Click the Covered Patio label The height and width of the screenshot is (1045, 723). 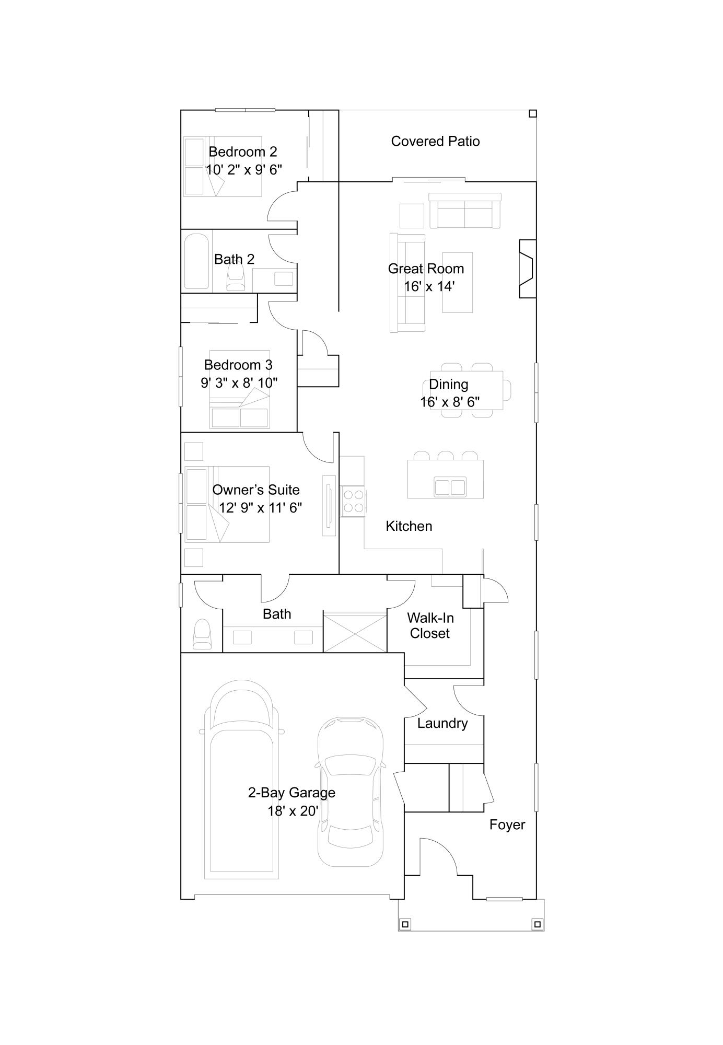point(435,141)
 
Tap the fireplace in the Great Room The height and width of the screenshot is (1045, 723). point(527,269)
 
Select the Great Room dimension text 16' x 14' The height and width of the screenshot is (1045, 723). point(429,286)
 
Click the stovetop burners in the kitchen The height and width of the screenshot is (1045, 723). point(353,501)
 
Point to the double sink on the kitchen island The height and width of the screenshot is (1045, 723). point(450,487)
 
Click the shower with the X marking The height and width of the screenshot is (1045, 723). point(355,632)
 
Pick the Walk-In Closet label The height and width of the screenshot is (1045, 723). point(430,625)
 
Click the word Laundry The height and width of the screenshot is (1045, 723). point(442,723)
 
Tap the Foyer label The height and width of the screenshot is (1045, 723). point(507,825)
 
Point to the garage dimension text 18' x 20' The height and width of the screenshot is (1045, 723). point(293,811)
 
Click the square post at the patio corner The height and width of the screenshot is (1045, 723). point(532,113)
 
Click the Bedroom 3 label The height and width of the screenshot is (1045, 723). point(238,365)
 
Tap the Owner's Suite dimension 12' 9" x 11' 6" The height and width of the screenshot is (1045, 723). point(260,507)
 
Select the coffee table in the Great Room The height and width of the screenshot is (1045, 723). point(458,282)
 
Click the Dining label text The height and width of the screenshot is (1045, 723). point(448,384)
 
